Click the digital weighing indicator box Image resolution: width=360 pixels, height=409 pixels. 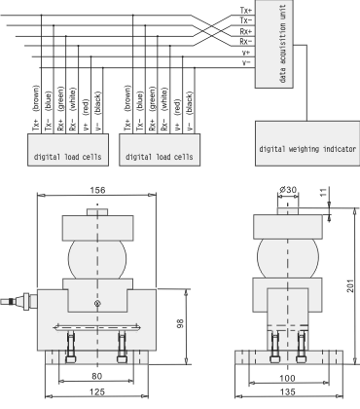[x=307, y=143]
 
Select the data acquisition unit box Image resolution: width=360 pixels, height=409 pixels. [x=274, y=44]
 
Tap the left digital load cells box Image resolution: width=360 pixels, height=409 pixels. [x=68, y=150]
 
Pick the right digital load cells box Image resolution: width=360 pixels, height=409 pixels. [x=160, y=150]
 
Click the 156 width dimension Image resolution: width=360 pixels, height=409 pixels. [x=97, y=190]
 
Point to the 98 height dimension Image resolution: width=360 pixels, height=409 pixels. [x=180, y=323]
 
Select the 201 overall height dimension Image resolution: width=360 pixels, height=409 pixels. [x=350, y=285]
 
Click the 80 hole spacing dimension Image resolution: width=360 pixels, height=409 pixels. [x=96, y=376]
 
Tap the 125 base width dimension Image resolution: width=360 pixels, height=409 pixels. [x=97, y=391]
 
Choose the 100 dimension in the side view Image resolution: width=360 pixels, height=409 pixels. [x=287, y=378]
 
